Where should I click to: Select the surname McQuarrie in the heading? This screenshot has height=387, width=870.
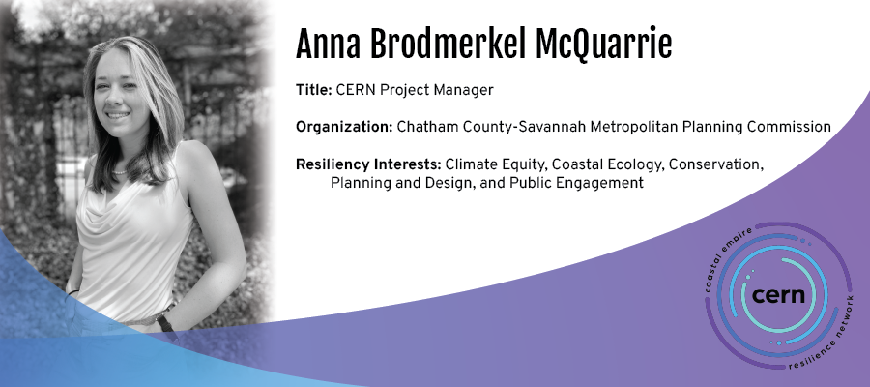tap(603, 45)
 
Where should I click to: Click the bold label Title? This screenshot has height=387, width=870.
tap(313, 90)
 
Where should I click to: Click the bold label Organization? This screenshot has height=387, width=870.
tap(344, 127)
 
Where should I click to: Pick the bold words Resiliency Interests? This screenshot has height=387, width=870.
tap(368, 164)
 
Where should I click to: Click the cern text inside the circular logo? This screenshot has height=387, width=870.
tap(778, 295)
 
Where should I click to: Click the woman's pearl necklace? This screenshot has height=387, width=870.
tap(119, 172)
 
